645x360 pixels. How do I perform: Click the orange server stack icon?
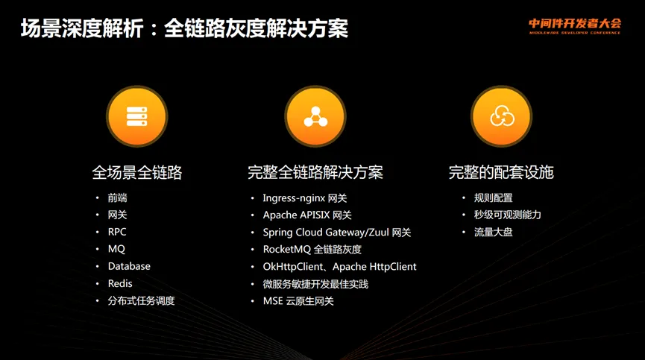[137, 116]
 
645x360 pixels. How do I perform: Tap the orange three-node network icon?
[315, 116]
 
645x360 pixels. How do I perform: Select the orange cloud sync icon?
[501, 116]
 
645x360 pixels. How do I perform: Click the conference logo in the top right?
[575, 26]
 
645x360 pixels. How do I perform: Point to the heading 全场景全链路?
[137, 172]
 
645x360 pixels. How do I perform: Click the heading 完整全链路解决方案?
[315, 172]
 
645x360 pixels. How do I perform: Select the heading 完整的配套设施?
[501, 172]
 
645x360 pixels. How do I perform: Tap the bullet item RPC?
[117, 232]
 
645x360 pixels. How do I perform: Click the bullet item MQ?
[116, 249]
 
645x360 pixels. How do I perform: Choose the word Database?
[129, 266]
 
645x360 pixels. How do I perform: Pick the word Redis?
[120, 283]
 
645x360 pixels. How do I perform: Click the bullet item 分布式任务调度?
[141, 301]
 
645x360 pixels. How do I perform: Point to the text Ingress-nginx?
[294, 198]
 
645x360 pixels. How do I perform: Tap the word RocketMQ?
[287, 250]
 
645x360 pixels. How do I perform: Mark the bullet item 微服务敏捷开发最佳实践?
[315, 284]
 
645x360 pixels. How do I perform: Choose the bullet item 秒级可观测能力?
[507, 215]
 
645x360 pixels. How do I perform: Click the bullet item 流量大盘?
[493, 233]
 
